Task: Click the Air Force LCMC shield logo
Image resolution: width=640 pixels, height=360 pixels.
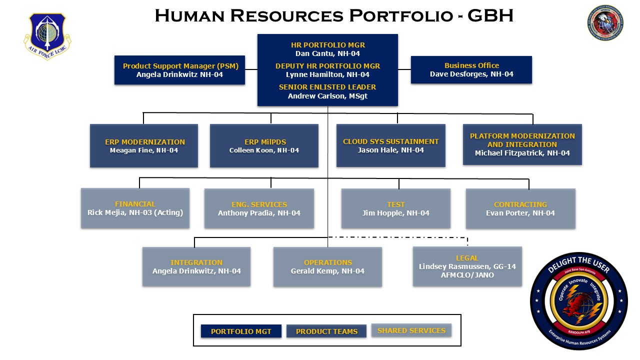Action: [x=47, y=36]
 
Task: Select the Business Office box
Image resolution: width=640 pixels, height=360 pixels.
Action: [x=471, y=70]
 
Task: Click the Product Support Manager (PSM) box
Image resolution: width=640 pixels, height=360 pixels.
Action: [x=180, y=70]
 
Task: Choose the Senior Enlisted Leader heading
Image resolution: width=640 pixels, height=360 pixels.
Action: [x=327, y=87]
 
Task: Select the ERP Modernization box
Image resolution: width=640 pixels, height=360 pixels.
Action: [x=144, y=145]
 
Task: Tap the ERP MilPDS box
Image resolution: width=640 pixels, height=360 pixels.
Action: [x=264, y=145]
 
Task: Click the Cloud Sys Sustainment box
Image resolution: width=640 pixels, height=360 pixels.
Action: [x=390, y=145]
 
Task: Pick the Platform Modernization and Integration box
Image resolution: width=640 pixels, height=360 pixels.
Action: [x=522, y=144]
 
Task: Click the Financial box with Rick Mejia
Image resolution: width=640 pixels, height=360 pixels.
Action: [x=135, y=208]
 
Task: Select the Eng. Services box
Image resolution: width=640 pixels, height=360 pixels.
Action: [x=259, y=208]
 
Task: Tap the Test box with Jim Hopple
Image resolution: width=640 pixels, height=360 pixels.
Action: [x=395, y=208]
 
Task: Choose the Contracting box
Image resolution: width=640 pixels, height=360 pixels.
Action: [x=520, y=208]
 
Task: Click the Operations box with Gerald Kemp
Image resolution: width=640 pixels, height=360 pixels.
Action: [x=327, y=266]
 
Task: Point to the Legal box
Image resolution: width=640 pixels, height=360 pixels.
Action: [x=467, y=266]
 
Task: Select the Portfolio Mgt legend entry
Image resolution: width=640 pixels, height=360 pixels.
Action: [x=241, y=331]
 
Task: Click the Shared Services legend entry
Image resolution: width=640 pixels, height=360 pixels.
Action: [x=411, y=330]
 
